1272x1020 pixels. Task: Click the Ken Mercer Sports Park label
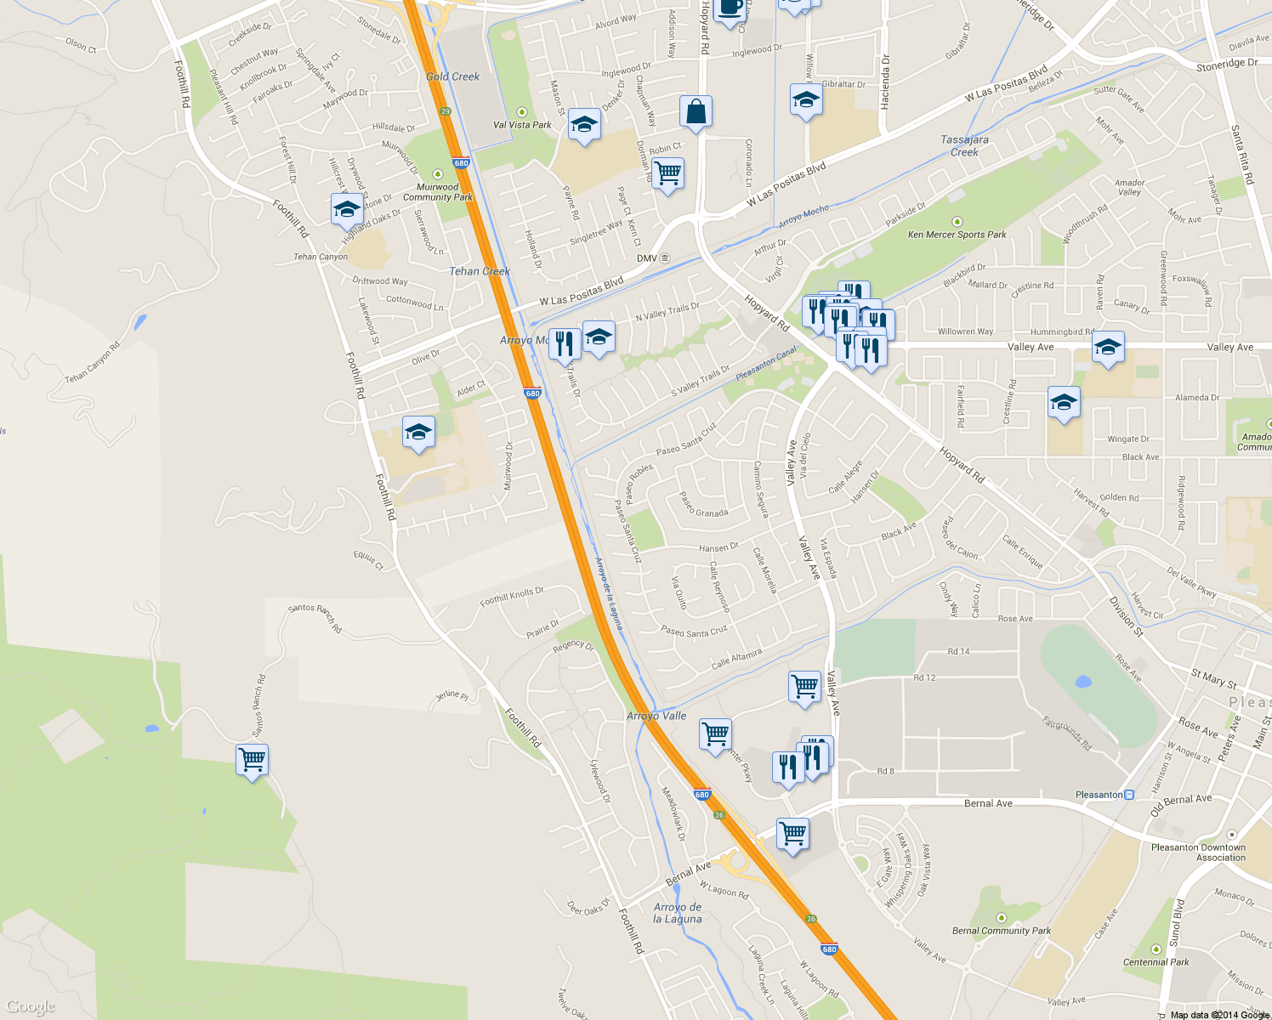pos(957,235)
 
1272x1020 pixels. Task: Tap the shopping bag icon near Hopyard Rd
pos(695,112)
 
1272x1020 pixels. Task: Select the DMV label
pos(647,258)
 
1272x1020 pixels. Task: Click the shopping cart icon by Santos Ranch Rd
pos(253,759)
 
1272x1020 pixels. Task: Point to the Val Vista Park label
pos(522,125)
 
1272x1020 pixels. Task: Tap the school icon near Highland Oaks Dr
pos(347,209)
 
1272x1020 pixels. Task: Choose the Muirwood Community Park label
pos(438,192)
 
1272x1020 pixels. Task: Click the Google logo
pos(31,1006)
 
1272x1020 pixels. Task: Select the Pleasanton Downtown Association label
pos(1198,853)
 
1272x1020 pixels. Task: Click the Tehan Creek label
pos(480,271)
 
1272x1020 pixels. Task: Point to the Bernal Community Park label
pos(1002,931)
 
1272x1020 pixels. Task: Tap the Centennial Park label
pos(1156,962)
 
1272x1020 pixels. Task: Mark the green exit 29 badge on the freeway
pos(445,111)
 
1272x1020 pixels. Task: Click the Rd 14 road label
pos(958,652)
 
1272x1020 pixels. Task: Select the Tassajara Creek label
pos(964,146)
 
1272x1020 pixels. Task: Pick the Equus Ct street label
pos(368,559)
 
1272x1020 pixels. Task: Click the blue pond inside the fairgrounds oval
pos(1082,682)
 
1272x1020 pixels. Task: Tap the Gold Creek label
pos(452,76)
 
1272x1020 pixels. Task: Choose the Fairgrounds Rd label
pos(1067,734)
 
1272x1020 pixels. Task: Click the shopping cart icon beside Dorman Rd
pos(668,173)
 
